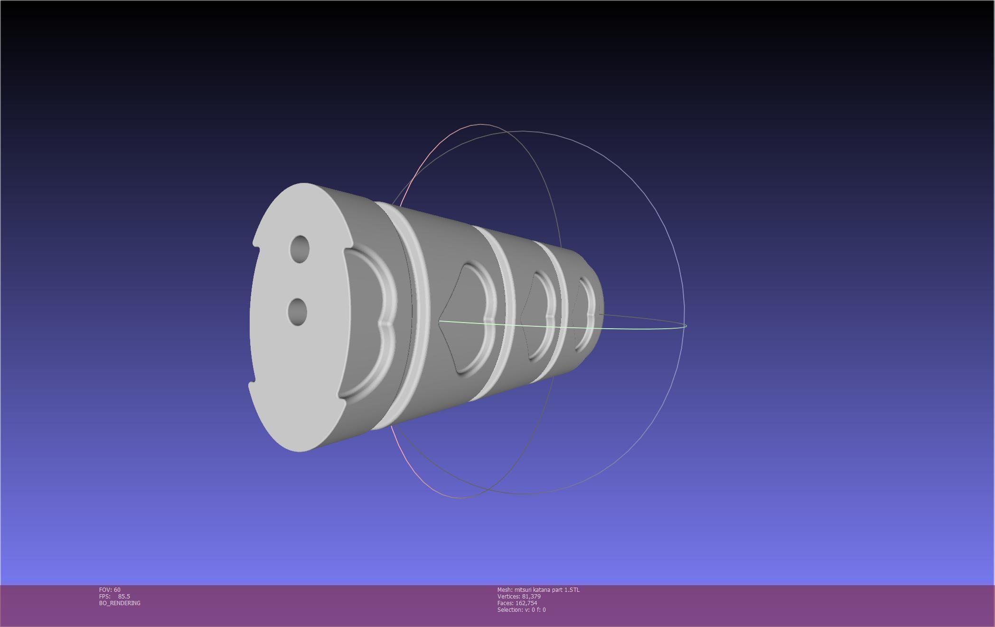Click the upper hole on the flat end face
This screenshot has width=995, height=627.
pyautogui.click(x=300, y=248)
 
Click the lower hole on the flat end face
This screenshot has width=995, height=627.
pyautogui.click(x=298, y=312)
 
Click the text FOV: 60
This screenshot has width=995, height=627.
pyautogui.click(x=110, y=590)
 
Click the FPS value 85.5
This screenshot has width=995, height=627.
pyautogui.click(x=124, y=597)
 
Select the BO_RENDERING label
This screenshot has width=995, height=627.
pyautogui.click(x=120, y=603)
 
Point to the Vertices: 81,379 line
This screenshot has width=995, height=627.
pyautogui.click(x=519, y=597)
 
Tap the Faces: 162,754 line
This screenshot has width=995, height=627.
pyautogui.click(x=517, y=603)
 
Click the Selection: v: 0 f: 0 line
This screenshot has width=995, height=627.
pyautogui.click(x=521, y=610)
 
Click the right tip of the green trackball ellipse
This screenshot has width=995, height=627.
pyautogui.click(x=686, y=326)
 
